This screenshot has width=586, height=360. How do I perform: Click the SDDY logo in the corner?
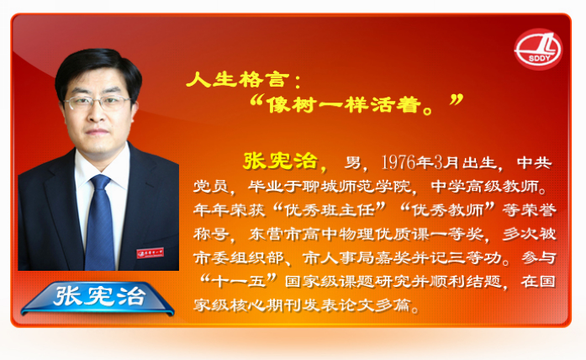[538, 49]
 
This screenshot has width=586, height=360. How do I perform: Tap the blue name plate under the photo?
[98, 298]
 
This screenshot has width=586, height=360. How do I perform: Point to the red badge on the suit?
[150, 252]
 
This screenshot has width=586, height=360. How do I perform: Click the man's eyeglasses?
[98, 102]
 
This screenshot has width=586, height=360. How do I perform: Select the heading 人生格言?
[238, 80]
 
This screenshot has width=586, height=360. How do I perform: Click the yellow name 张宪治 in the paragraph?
[280, 161]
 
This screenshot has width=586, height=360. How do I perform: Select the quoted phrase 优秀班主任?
[330, 210]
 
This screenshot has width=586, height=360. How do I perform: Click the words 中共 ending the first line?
[535, 162]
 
